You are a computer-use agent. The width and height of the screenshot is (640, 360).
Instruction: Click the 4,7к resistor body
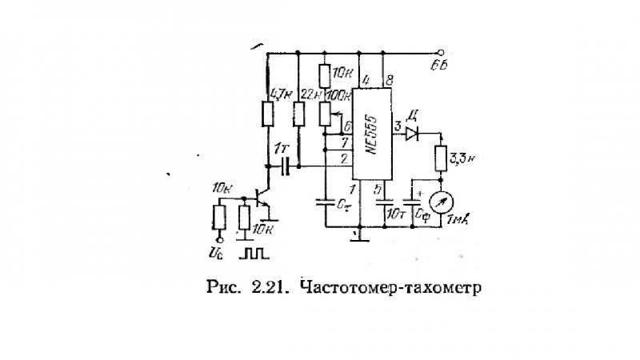266,114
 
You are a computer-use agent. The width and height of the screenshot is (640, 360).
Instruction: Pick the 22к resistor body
299,115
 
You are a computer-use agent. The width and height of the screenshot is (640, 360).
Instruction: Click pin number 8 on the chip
389,80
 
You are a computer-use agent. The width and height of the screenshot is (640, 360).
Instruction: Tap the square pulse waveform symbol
257,254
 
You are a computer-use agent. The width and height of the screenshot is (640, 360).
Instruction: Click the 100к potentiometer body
324,117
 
